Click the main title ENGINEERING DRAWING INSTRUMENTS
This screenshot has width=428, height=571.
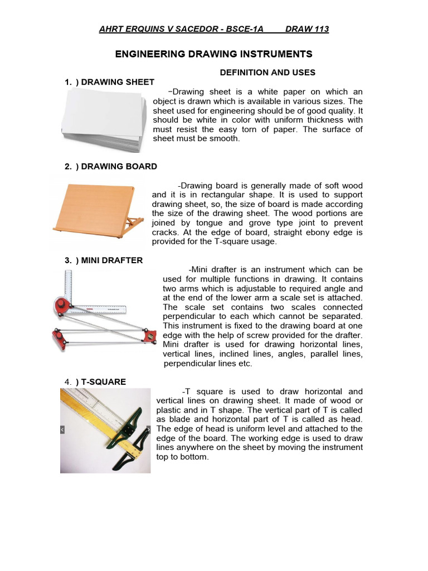pos(213,54)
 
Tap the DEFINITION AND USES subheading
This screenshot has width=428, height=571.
pos(267,72)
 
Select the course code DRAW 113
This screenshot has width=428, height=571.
pos(307,29)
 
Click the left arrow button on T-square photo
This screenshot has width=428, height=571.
pos(63,430)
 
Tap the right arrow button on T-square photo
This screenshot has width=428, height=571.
pos(148,430)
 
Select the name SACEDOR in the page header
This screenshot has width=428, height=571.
pos(195,29)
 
